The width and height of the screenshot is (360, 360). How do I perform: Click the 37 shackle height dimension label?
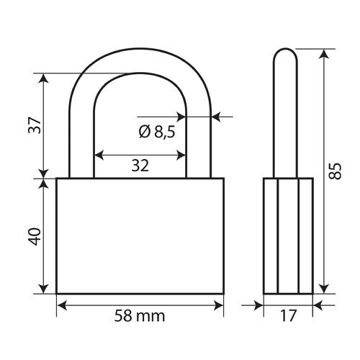pyautogui.click(x=33, y=127)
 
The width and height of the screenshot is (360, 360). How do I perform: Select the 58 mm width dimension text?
pyautogui.click(x=140, y=315)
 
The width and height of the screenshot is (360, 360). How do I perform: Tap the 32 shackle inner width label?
pyautogui.click(x=140, y=166)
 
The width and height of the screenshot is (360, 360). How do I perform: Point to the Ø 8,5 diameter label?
pyautogui.click(x=156, y=131)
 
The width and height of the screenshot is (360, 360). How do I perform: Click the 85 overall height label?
pyautogui.click(x=333, y=171)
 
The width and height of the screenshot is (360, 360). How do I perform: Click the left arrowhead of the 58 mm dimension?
pyautogui.click(x=60, y=305)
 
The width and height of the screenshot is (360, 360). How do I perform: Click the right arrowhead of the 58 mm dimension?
pyautogui.click(x=220, y=305)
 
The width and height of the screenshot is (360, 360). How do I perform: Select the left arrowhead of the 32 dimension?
pyautogui.click(x=99, y=153)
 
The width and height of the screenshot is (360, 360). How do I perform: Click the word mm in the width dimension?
pyautogui.click(x=154, y=316)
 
